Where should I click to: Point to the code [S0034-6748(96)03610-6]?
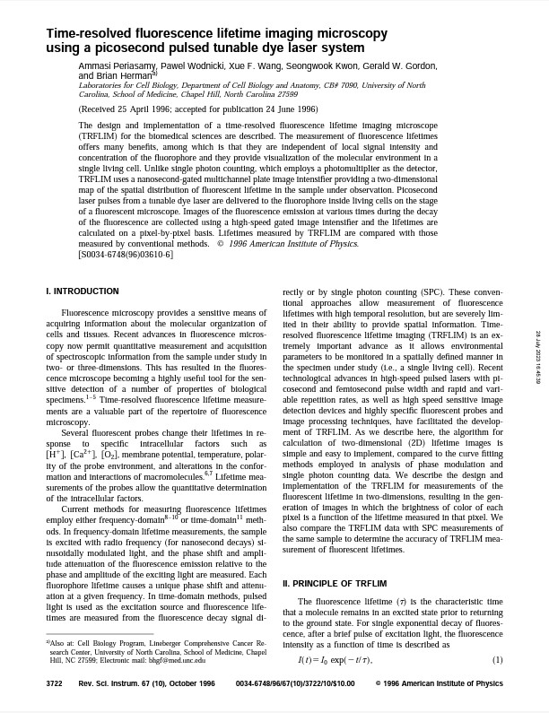pyautogui.click(x=126, y=255)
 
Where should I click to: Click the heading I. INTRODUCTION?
pyautogui.click(x=82, y=291)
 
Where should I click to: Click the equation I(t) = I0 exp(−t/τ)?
pyautogui.click(x=335, y=636)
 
